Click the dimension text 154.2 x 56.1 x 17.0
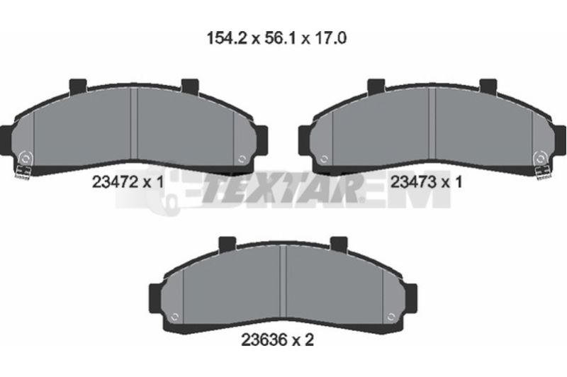tap(276, 38)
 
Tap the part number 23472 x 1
tap(128, 182)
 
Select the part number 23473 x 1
tap(427, 182)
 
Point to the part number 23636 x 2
tap(277, 339)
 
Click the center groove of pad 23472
tap(134, 123)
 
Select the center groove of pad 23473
tap(432, 123)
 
